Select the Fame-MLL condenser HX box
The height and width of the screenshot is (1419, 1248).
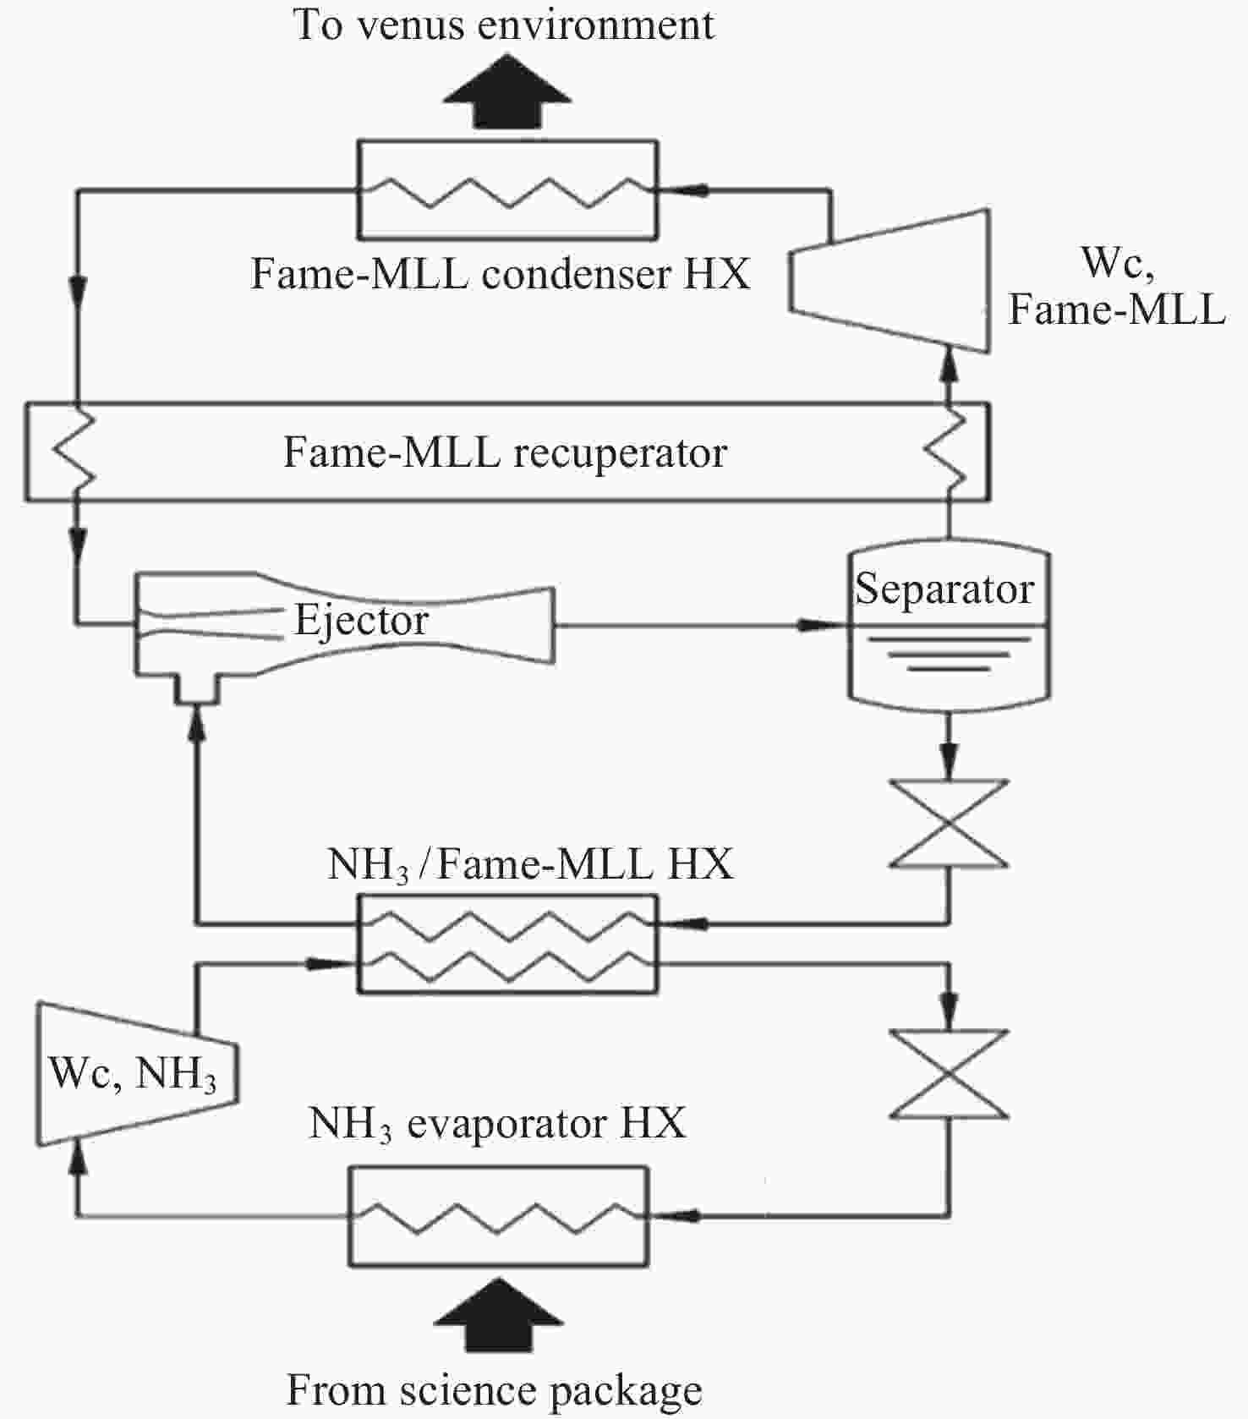[x=507, y=189]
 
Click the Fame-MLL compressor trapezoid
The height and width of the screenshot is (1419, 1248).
[x=889, y=280]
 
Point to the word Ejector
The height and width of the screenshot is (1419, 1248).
[x=361, y=621]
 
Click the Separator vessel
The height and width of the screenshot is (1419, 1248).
[x=949, y=627]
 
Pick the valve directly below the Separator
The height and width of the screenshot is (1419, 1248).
[x=949, y=824]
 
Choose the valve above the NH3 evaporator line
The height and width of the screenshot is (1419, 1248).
[x=949, y=1074]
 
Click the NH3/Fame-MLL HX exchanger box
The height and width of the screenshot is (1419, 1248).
[x=507, y=943]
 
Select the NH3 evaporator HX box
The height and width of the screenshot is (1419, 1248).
[x=499, y=1216]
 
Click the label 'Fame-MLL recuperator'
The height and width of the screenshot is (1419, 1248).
[x=505, y=452]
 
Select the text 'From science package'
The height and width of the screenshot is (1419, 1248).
[x=495, y=1390]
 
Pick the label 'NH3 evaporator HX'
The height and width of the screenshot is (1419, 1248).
[x=497, y=1124]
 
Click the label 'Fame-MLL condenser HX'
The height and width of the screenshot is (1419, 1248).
[x=501, y=274]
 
